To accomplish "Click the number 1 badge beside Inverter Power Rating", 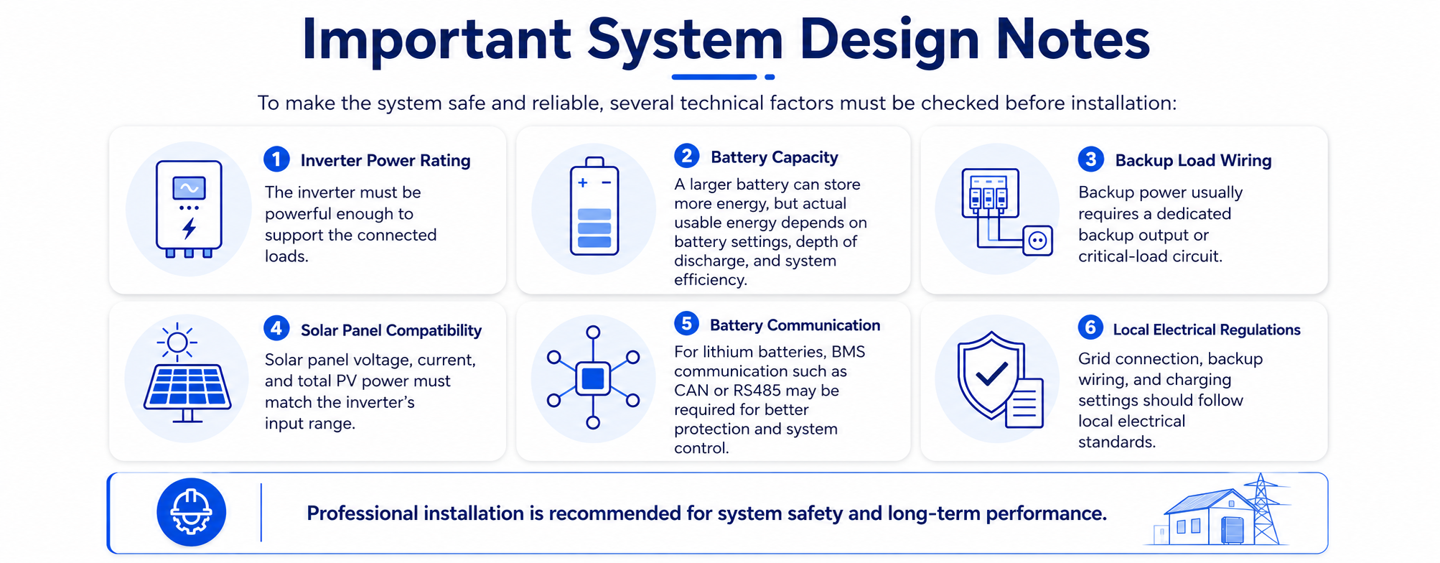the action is tap(276, 159).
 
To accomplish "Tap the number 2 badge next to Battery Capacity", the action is tap(687, 155).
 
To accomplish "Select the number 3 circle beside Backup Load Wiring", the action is tap(1091, 159).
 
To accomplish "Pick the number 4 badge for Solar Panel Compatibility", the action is tap(276, 328).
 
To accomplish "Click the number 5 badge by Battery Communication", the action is tap(687, 323).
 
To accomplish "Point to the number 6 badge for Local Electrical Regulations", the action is tap(1090, 327).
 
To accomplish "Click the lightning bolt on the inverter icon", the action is tap(189, 228).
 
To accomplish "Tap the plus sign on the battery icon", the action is tap(583, 183).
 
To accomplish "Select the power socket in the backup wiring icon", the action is tap(1038, 241).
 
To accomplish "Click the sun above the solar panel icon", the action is tap(177, 341).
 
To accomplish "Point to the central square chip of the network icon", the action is tap(593, 378).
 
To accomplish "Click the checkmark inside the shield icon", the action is tap(992, 373).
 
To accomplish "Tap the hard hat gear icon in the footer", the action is tap(191, 512).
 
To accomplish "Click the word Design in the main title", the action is tap(889, 39).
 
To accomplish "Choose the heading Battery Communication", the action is tap(795, 325).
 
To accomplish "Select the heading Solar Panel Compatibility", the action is tap(391, 330).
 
